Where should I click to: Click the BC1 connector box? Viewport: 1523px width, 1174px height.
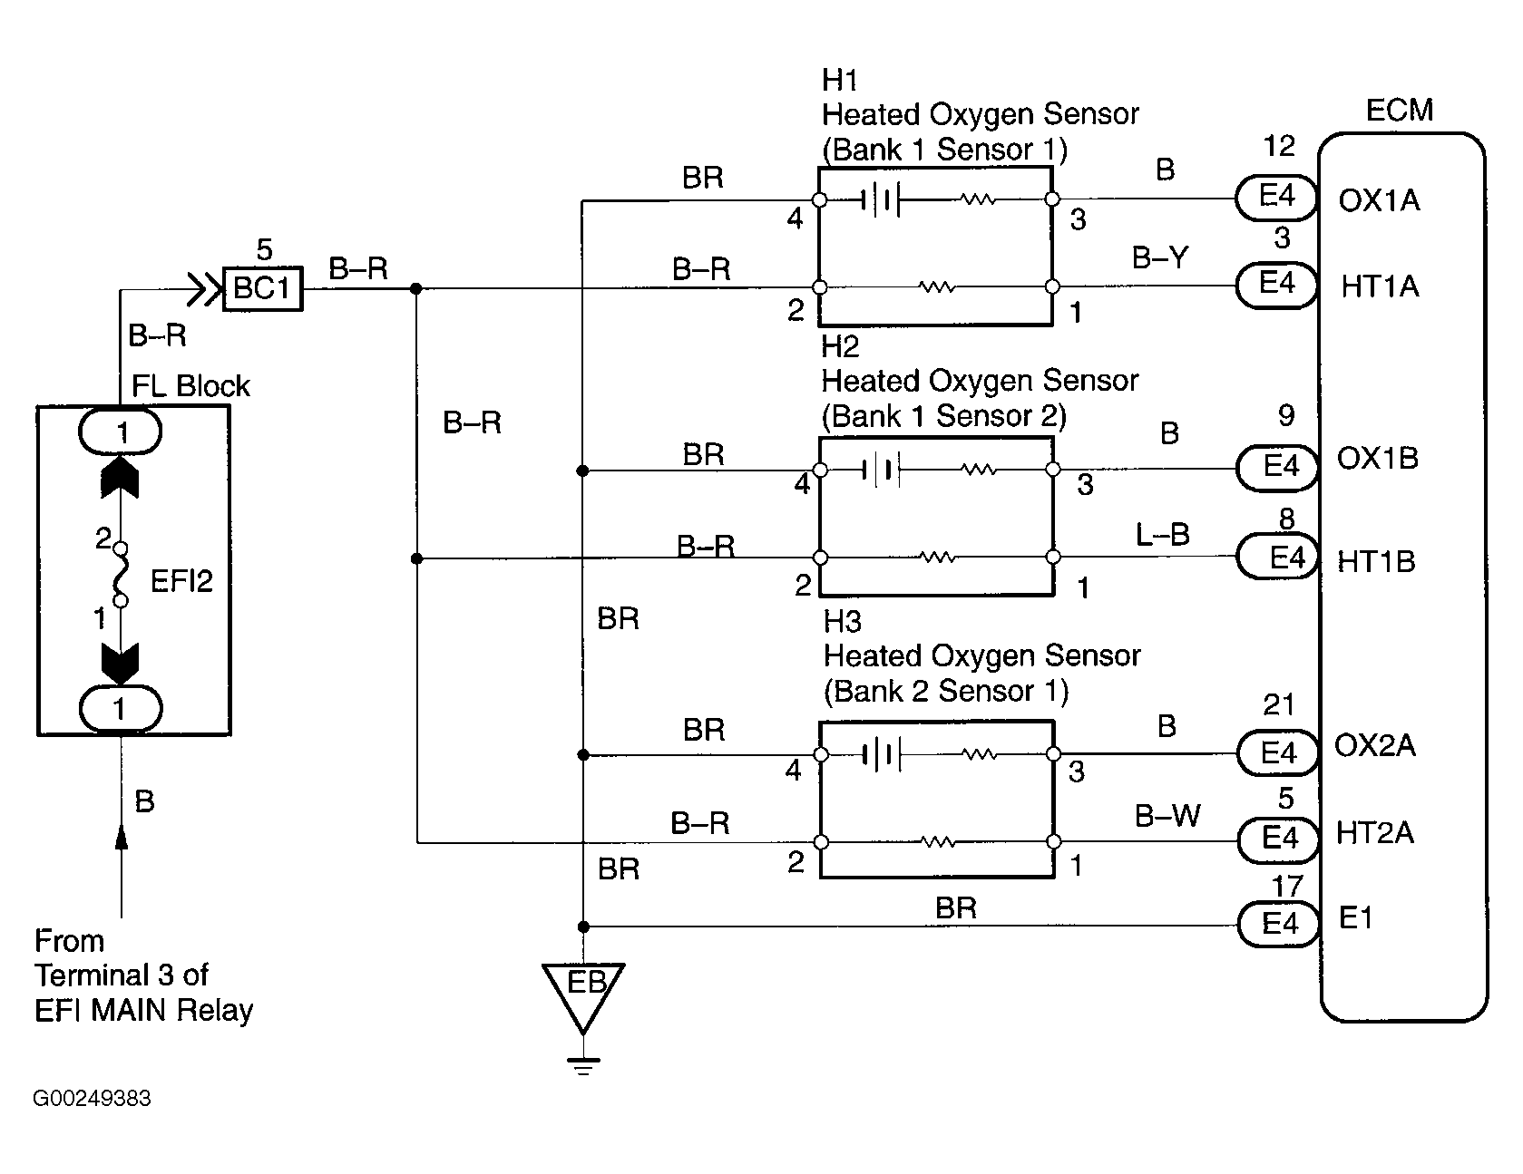[x=262, y=288]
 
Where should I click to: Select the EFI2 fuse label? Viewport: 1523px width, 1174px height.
[x=181, y=580]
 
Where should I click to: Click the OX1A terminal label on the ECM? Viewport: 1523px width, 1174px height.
[x=1379, y=200]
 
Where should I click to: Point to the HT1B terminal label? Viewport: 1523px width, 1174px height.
[x=1376, y=561]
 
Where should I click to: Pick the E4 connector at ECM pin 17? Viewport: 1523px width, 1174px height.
[x=1279, y=924]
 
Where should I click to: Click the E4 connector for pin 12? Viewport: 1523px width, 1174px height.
[x=1277, y=196]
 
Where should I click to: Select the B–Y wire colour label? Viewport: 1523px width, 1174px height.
[x=1159, y=259]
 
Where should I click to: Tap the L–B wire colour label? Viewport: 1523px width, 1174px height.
[x=1162, y=534]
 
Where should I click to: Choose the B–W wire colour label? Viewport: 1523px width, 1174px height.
[x=1167, y=816]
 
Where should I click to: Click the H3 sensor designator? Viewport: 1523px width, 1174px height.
[x=842, y=622]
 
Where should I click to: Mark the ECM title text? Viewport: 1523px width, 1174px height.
[x=1399, y=111]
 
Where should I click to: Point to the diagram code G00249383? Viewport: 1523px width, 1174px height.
[x=93, y=1099]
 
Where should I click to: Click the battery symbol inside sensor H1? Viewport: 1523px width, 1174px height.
[x=878, y=199]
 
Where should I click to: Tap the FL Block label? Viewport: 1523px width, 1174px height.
[x=190, y=386]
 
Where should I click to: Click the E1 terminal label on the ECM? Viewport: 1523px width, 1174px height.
[x=1356, y=918]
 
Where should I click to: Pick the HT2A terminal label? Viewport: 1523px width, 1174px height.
[x=1374, y=833]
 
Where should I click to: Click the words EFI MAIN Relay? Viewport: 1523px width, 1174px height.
[x=143, y=1010]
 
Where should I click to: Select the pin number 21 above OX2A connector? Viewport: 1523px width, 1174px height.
[x=1279, y=704]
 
